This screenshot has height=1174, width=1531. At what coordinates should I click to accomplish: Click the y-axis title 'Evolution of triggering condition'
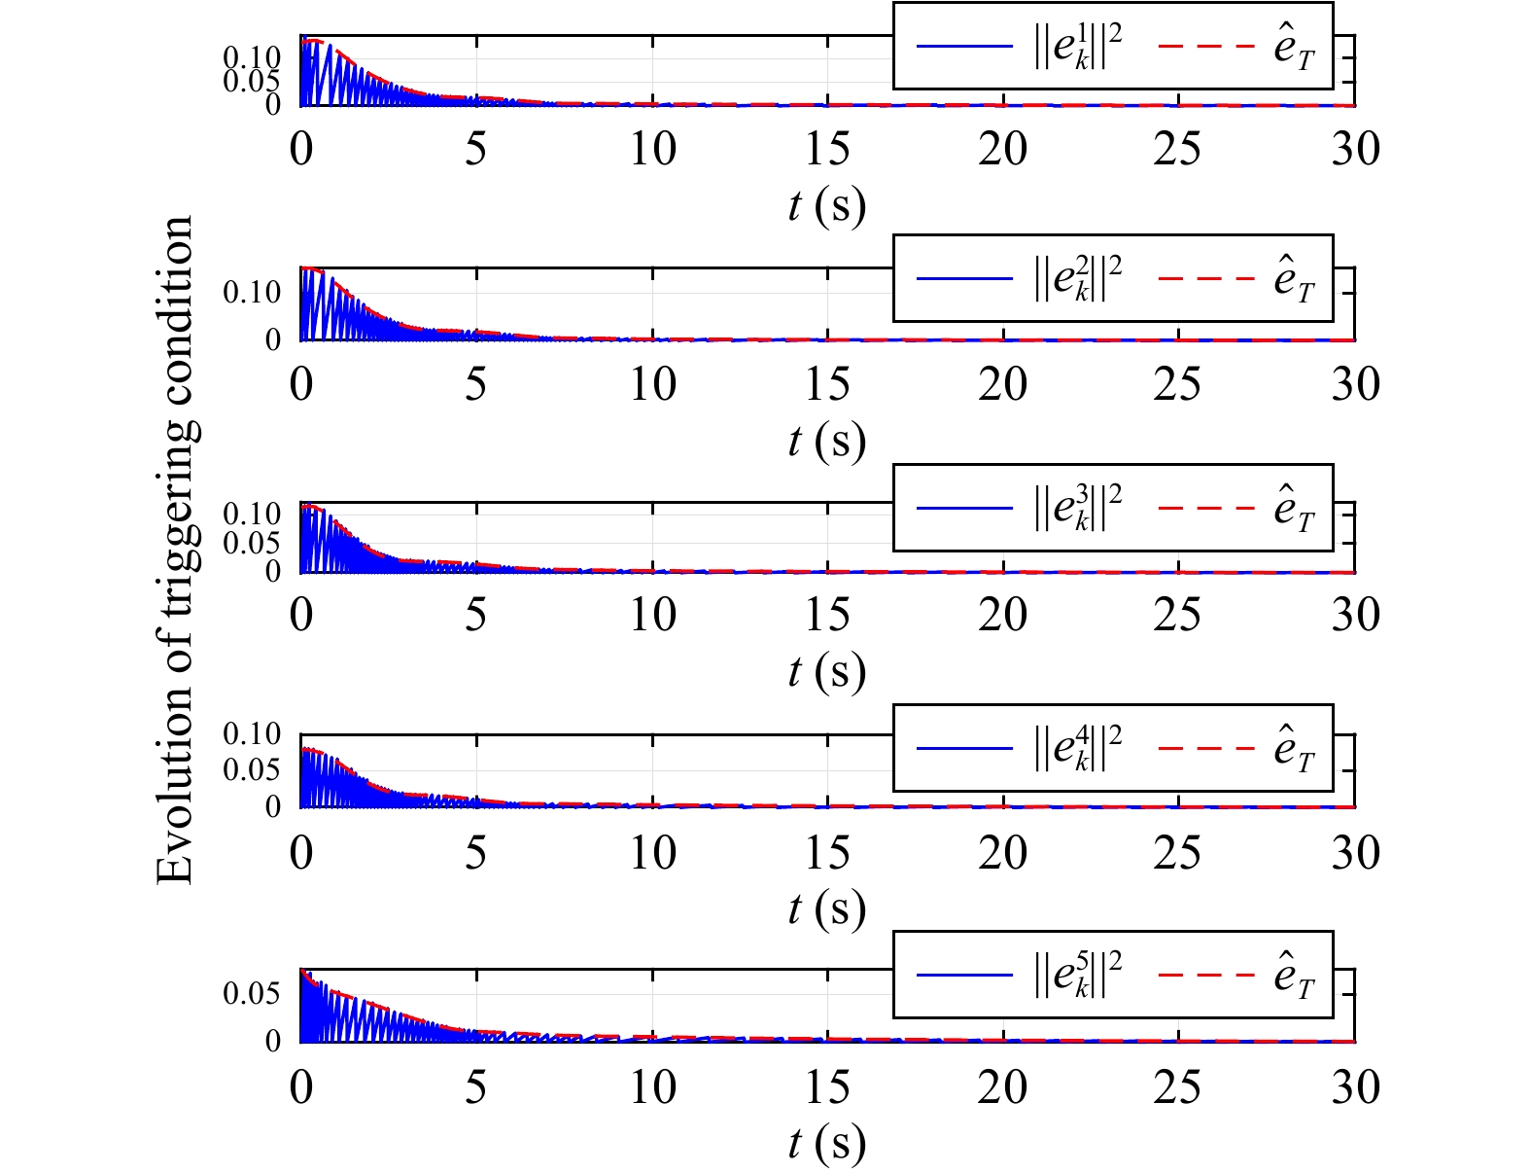coord(175,550)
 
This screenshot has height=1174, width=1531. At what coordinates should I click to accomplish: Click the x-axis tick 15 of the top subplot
coord(827,150)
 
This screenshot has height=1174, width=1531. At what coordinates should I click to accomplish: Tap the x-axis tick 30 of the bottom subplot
coord(1355,1087)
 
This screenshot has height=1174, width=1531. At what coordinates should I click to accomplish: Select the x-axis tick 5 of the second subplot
coord(475,385)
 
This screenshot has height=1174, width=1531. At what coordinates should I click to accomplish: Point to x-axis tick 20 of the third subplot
coord(1002,615)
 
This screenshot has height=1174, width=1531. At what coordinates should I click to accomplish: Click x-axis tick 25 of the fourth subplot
coord(1177,853)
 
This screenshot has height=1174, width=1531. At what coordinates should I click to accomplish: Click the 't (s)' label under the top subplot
coord(826,206)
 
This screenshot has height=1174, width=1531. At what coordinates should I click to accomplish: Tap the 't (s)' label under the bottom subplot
coord(826,1144)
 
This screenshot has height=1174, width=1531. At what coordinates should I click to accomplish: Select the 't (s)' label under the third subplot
coord(826,671)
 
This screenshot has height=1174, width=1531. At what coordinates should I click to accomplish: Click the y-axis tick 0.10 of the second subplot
coord(252,292)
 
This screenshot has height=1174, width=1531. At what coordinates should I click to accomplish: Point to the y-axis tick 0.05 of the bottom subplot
coord(252,994)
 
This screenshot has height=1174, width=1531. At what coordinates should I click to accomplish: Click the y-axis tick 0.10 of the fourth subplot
coord(252,733)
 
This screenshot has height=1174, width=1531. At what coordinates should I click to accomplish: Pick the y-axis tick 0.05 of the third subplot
coord(252,543)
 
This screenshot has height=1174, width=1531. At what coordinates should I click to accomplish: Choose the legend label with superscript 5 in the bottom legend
coord(1077,976)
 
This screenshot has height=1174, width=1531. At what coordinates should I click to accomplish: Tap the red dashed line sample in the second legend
coord(1206,278)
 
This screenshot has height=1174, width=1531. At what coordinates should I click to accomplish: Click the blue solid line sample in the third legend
coord(964,508)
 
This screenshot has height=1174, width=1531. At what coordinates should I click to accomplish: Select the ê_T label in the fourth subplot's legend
coord(1294,749)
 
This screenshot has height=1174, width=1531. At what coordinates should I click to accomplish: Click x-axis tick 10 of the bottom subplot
coord(651,1087)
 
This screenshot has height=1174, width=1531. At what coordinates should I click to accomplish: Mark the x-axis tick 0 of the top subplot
coord(301,150)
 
